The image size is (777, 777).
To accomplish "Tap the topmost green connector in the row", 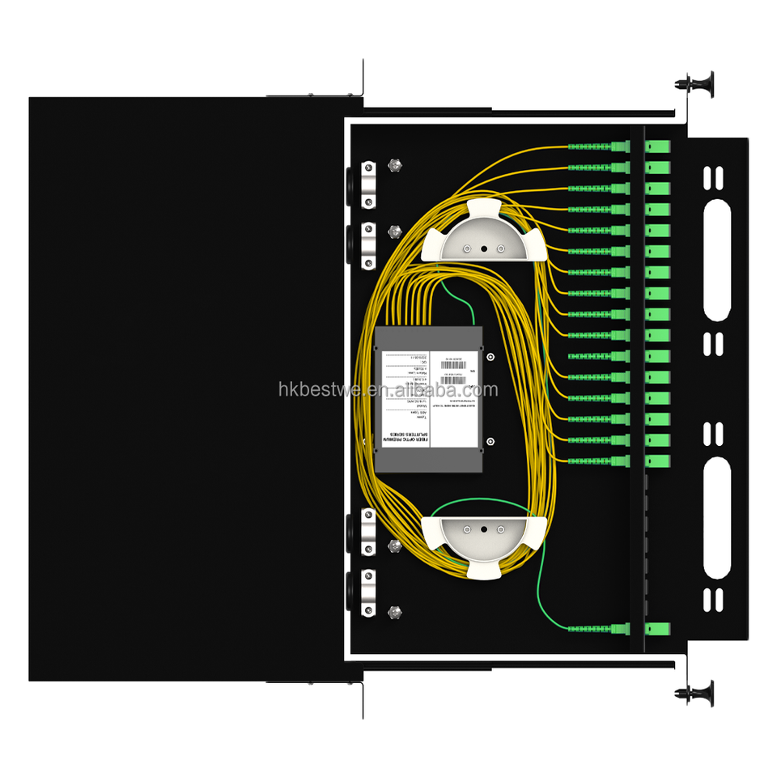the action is point(619,147).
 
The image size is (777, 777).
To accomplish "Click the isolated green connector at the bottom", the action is point(619,629).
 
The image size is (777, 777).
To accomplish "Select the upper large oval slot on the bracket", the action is point(716,261).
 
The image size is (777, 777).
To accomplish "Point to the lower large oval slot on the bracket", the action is point(716,518).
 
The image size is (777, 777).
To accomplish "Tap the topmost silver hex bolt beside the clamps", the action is point(397,167).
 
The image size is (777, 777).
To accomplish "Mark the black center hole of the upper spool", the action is point(484,248).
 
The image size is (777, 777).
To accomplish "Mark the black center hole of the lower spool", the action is point(484,529).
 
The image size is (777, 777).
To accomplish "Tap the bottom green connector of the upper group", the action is point(619,461).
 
